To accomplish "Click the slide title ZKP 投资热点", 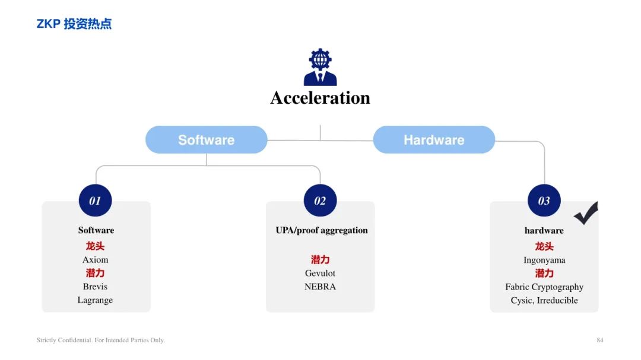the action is (x=74, y=24).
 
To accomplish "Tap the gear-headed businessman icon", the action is (x=320, y=67).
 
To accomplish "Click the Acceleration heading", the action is (x=320, y=98).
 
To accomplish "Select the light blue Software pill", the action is (x=207, y=140).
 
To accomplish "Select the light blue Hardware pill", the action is (x=434, y=140).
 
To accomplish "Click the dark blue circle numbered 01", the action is (x=95, y=200).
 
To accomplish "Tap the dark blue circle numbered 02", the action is (x=320, y=200).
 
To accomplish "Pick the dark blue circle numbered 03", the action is (x=544, y=200).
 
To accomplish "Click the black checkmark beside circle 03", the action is (x=586, y=214).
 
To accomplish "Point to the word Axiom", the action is (x=95, y=260).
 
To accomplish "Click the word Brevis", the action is (x=95, y=286).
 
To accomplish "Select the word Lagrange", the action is (x=95, y=300).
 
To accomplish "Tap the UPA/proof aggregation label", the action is (x=322, y=231).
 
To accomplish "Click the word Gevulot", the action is (x=320, y=273).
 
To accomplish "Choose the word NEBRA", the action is (x=320, y=287).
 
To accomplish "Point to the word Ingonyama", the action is (x=544, y=260).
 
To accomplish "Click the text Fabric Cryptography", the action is (x=544, y=287).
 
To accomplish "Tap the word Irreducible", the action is (x=557, y=300).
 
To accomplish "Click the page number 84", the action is (x=600, y=340).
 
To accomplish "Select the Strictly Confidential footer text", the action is (x=101, y=340).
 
